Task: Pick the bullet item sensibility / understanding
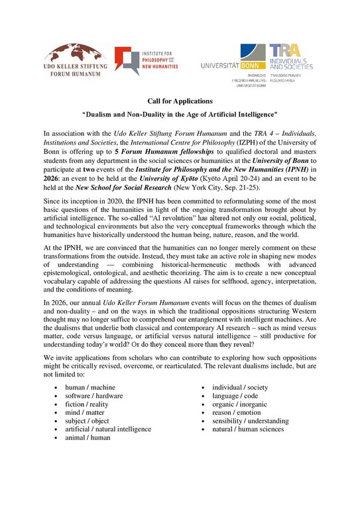tap(250, 421)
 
